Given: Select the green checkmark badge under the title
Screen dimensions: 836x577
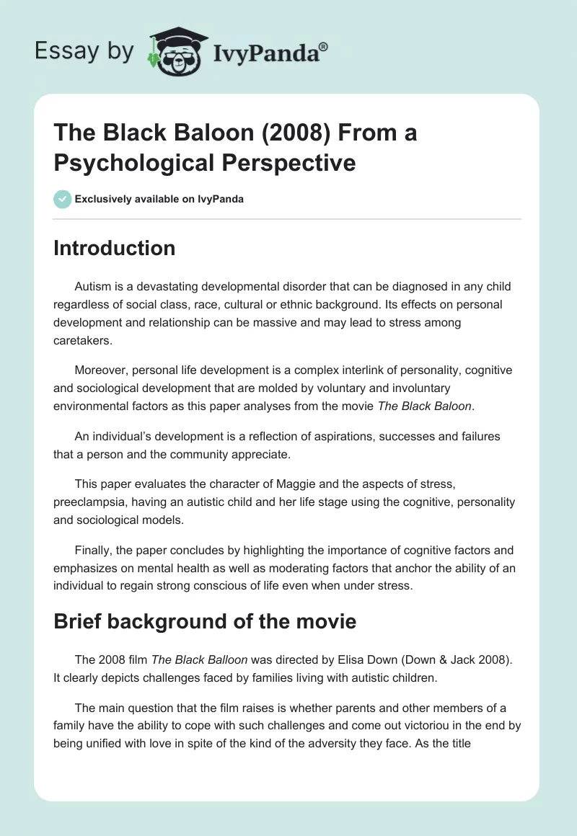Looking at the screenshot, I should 63,199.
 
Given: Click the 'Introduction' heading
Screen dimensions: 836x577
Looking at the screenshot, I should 115,249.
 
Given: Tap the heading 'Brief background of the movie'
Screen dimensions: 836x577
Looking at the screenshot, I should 205,622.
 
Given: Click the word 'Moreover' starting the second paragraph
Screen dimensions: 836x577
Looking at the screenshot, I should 100,370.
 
